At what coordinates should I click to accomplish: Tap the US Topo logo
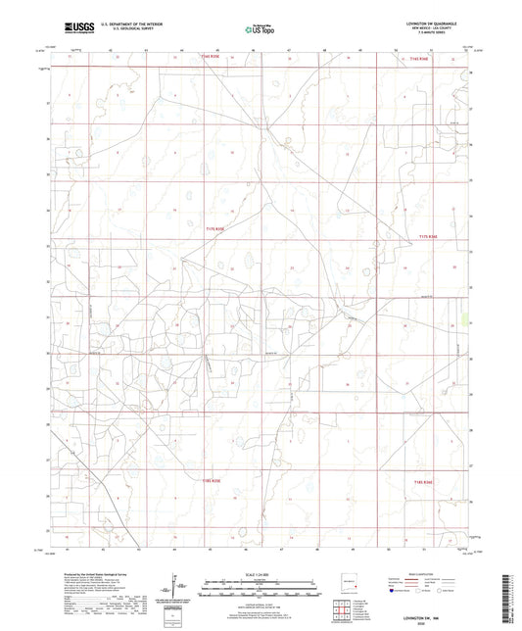click(258, 28)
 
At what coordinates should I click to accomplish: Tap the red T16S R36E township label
click(419, 59)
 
